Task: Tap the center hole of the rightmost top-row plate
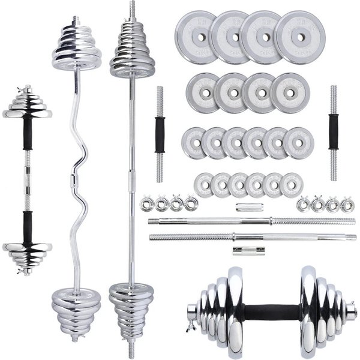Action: [301, 37]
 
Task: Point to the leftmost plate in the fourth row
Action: [204, 184]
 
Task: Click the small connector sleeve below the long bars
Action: [238, 250]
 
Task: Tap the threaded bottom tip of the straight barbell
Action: [130, 351]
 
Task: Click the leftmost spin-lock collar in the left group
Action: [146, 205]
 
